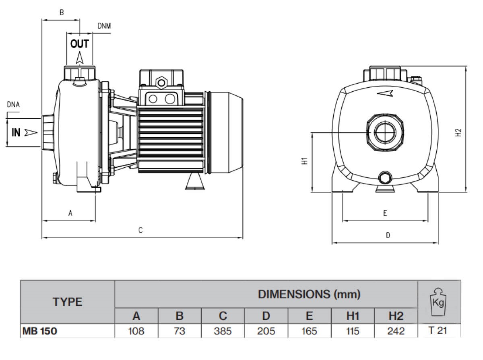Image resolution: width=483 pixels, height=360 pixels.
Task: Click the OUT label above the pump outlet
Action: click(80, 44)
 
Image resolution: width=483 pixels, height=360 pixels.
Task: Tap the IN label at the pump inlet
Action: click(16, 133)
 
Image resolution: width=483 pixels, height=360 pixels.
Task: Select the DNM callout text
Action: click(104, 26)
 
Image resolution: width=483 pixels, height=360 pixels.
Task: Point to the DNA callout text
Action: click(13, 105)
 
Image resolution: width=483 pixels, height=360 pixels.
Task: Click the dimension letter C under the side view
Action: click(140, 230)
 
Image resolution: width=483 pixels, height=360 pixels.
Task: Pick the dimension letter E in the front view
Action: click(385, 213)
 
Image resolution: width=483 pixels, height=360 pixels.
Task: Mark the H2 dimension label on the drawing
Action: click(458, 133)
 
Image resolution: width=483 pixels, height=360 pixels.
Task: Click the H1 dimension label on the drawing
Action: click(305, 161)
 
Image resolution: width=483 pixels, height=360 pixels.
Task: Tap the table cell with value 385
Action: click(223, 331)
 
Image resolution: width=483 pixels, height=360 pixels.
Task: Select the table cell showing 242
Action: click(396, 331)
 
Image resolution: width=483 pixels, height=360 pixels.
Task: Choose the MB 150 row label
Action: click(40, 331)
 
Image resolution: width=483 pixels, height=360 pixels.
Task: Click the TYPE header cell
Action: click(67, 302)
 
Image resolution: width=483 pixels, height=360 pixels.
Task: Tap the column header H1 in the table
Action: click(353, 316)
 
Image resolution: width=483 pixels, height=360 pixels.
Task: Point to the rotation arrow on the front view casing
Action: click(386, 94)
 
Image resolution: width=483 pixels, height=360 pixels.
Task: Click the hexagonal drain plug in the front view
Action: click(385, 177)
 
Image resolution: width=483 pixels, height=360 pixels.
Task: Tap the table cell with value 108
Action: click(136, 331)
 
